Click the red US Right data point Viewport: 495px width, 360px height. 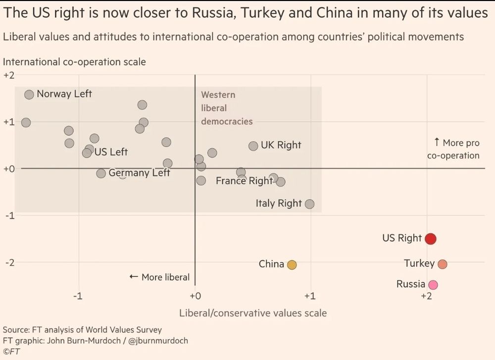pos(431,239)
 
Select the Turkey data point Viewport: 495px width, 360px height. pos(442,264)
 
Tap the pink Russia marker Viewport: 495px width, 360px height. pos(433,285)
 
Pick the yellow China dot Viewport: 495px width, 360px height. pos(292,265)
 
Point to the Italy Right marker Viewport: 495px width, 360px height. pos(310,204)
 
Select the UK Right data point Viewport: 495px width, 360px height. pos(253,146)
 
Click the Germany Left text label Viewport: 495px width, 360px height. pos(139,173)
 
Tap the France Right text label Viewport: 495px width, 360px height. pos(244,181)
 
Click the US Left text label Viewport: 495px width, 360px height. pos(111,152)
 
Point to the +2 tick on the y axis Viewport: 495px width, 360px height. pos(9,75)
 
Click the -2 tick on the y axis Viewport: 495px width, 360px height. pos(9,262)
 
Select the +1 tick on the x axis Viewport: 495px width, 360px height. pos(310,296)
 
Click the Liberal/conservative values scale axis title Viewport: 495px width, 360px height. pos(252,313)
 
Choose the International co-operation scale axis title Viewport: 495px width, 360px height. pos(74,62)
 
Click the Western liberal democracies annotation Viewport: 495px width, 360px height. pos(226,108)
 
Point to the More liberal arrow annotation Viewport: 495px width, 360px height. pos(159,277)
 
